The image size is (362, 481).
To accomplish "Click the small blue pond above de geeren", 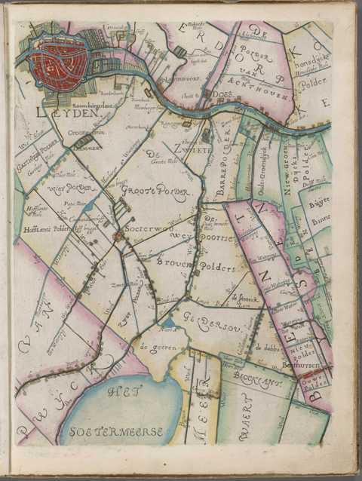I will click(168, 323).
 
